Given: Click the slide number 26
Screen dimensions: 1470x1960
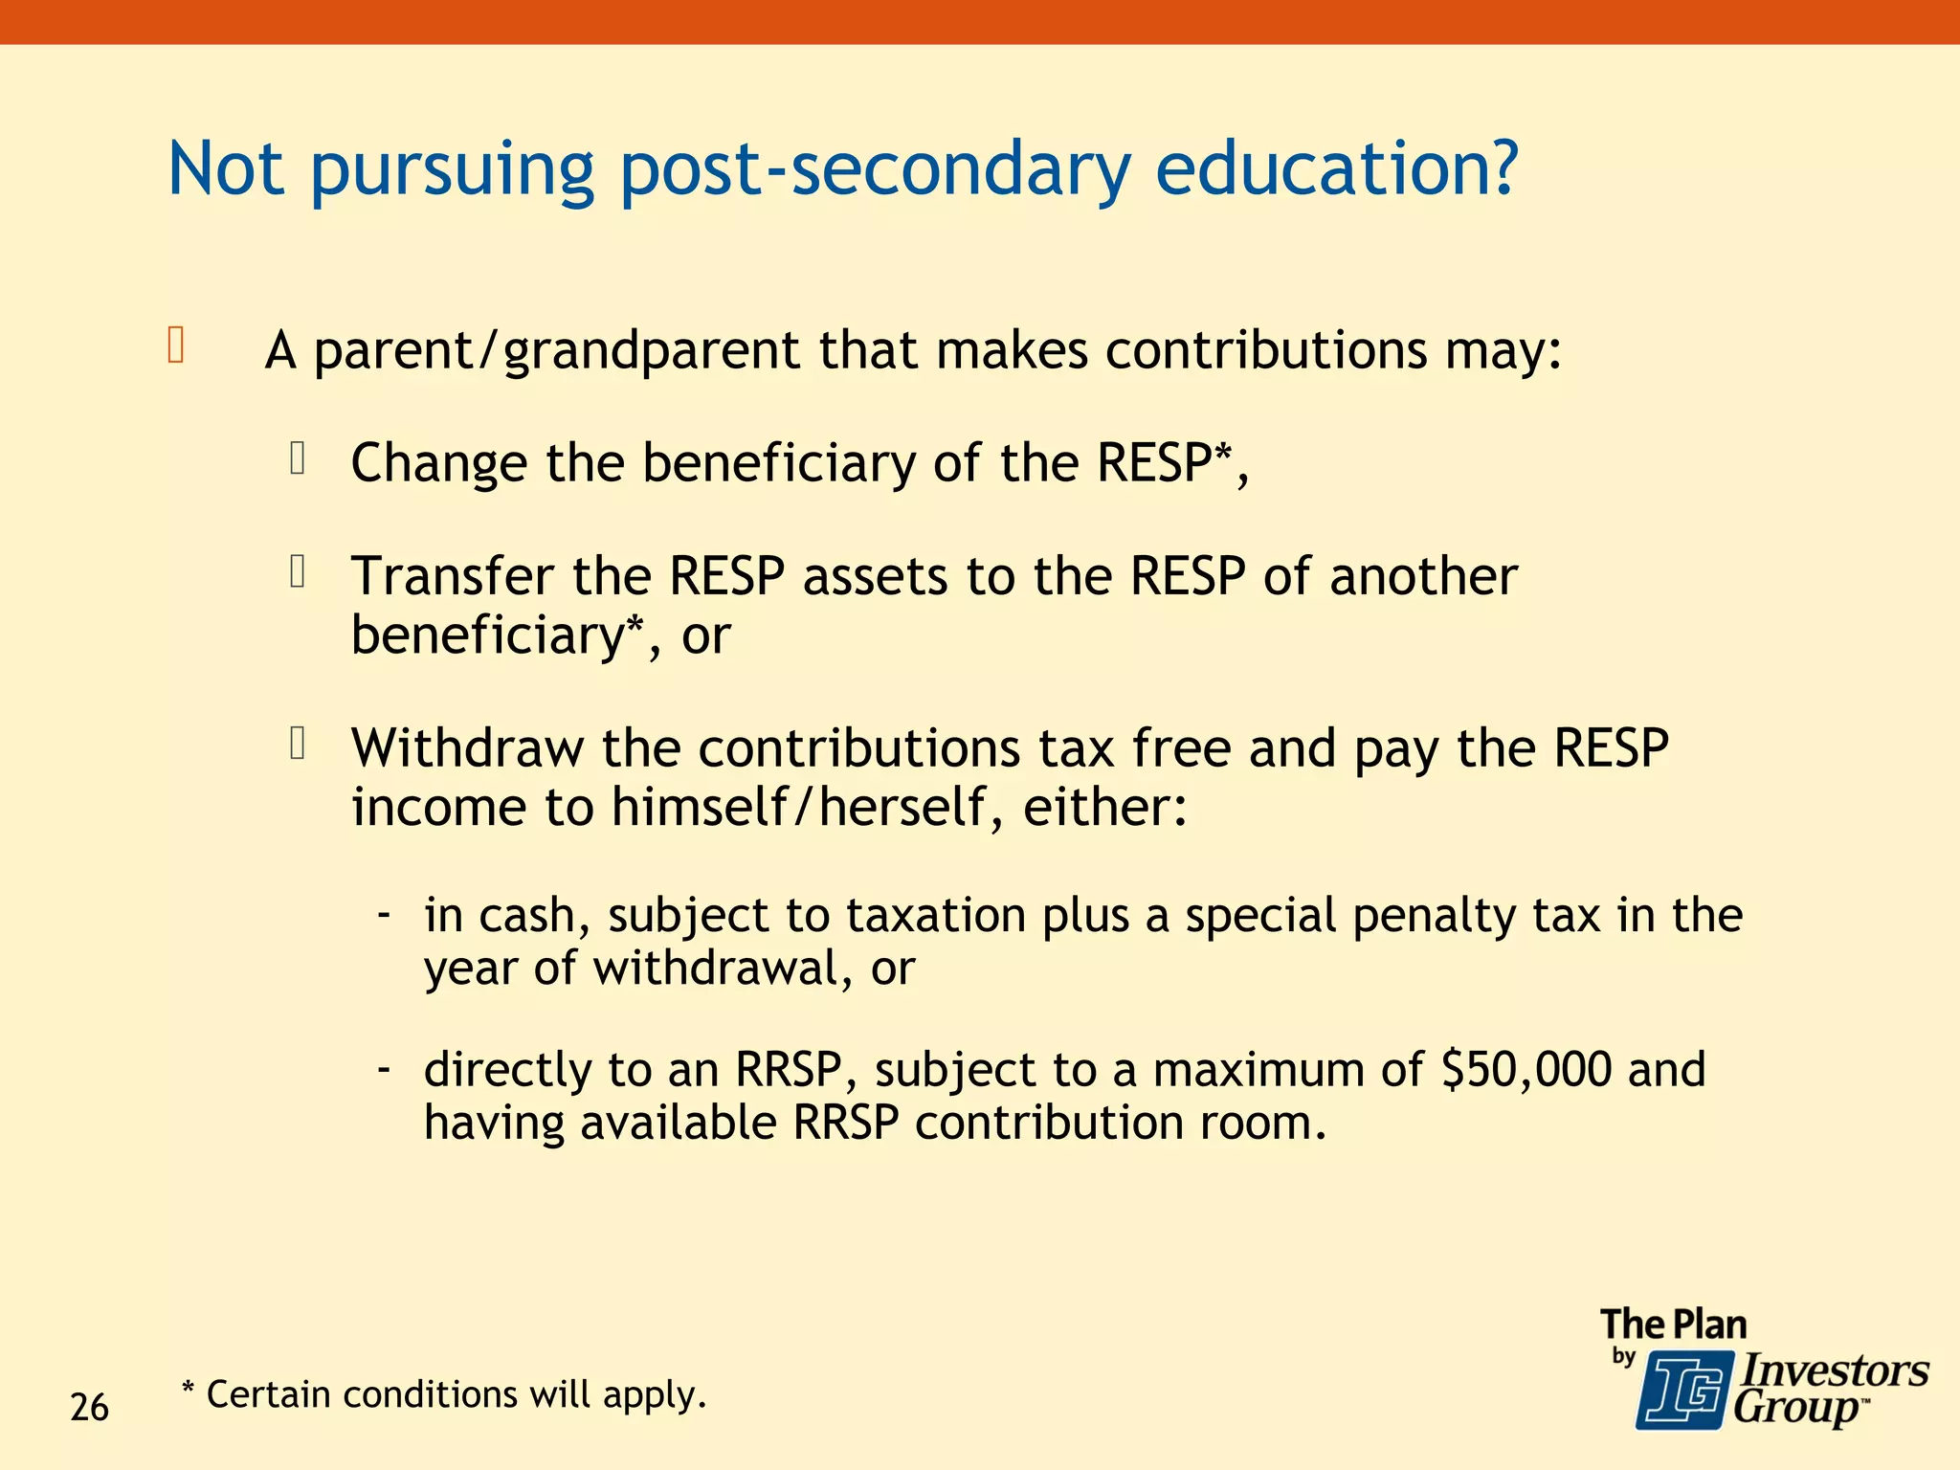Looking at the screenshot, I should (x=89, y=1408).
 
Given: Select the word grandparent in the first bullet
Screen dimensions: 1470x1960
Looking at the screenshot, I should (x=651, y=352).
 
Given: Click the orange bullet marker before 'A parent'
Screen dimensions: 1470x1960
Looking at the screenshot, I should (x=175, y=345).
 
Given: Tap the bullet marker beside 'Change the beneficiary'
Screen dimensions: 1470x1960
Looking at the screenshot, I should (x=298, y=458).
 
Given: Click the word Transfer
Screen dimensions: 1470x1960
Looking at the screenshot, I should (x=452, y=577).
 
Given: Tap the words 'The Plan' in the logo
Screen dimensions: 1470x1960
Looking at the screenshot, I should (x=1673, y=1325).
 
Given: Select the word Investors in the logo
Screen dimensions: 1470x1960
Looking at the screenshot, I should (x=1834, y=1370).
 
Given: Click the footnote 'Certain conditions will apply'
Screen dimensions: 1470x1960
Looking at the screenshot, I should (x=456, y=1395).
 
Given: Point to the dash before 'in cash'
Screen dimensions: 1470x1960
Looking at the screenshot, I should (x=384, y=914).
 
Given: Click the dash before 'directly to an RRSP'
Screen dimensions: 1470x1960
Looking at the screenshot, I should (x=384, y=1068).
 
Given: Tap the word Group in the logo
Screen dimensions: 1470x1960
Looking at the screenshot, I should (x=1795, y=1409).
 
